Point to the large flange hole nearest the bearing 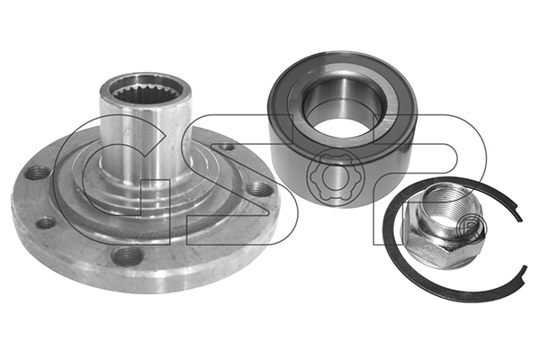click(258, 190)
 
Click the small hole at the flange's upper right click(227, 147)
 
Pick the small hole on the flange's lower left click(46, 222)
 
